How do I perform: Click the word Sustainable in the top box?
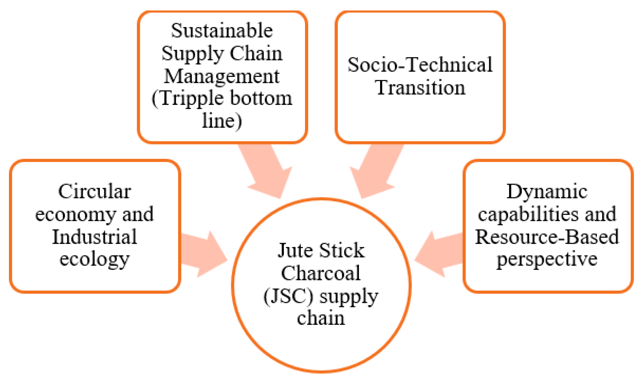[222, 30]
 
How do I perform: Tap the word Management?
[222, 76]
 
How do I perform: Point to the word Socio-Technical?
[420, 65]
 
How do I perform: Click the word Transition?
[420, 88]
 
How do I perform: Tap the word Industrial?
[94, 237]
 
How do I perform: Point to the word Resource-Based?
[547, 237]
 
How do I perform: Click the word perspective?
[547, 259]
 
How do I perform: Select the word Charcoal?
[321, 273]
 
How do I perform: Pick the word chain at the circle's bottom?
[321, 318]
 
